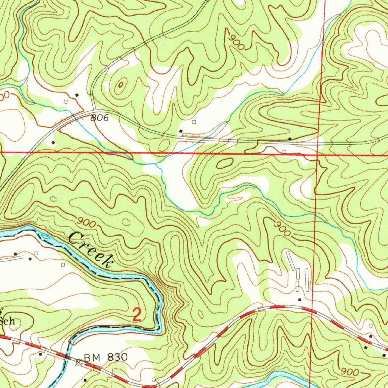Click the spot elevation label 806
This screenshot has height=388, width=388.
pyautogui.click(x=99, y=118)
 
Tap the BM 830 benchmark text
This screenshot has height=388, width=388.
pyautogui.click(x=106, y=357)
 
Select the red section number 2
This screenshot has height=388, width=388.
pyautogui.click(x=137, y=315)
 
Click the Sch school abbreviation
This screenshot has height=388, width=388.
pyautogui.click(x=8, y=321)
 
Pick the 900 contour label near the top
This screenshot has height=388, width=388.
pyautogui.click(x=237, y=42)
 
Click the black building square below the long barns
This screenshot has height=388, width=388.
pyautogui.click(x=299, y=300)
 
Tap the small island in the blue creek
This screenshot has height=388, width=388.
pyautogui.click(x=45, y=237)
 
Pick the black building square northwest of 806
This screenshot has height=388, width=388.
pyautogui.click(x=77, y=95)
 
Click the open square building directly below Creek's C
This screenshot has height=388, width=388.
pyautogui.click(x=63, y=264)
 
